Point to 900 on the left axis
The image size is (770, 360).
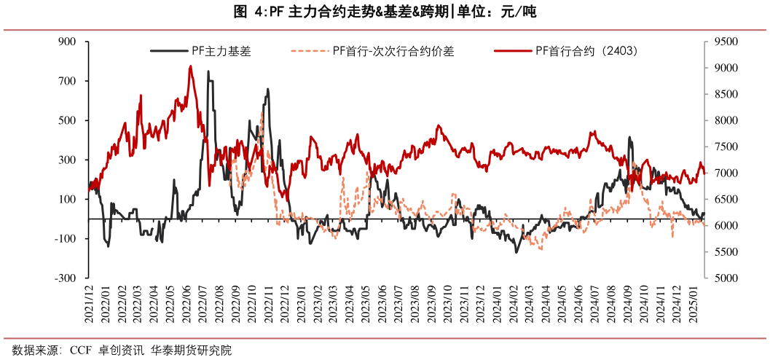click(x=67, y=42)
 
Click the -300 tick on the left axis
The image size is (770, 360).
click(x=66, y=278)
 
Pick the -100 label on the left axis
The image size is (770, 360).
click(x=66, y=238)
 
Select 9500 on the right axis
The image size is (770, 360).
click(x=727, y=42)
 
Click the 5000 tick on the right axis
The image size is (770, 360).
click(x=727, y=278)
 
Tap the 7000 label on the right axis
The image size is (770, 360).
click(x=727, y=173)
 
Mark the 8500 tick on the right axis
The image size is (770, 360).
click(x=727, y=94)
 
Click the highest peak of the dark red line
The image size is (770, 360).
click(x=191, y=66)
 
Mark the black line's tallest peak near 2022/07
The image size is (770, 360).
click(x=208, y=71)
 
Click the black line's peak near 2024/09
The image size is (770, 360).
click(x=629, y=137)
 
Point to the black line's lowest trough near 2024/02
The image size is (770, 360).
click(x=516, y=252)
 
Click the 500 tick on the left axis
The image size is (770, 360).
click(x=67, y=120)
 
